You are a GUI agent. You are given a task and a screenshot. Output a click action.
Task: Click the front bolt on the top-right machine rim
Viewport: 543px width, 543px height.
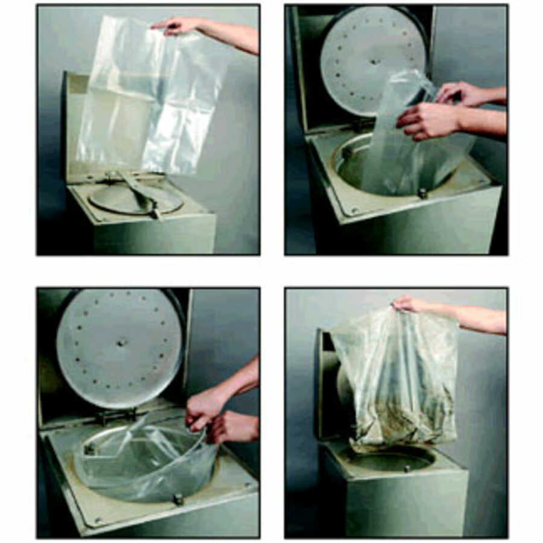[422, 194]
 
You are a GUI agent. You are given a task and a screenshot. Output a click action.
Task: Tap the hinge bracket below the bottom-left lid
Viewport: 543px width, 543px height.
[115, 416]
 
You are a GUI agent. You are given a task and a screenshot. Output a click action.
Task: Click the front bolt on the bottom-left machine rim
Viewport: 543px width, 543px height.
[178, 499]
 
